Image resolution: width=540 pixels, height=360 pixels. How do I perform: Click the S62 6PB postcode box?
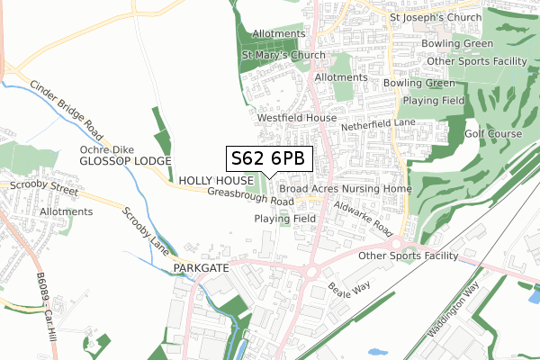tap(269, 159)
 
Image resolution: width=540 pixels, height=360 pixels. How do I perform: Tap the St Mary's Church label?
tap(283, 55)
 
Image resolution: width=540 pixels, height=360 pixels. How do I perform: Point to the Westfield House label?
tap(296, 118)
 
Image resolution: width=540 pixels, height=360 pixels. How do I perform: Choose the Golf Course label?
tap(493, 134)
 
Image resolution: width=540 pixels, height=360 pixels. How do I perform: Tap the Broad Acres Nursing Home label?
tap(345, 190)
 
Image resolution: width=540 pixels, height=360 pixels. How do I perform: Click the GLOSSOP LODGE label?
tap(124, 160)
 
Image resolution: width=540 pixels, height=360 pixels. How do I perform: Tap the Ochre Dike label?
tap(100, 148)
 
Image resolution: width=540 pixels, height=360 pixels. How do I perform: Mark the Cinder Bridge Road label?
tap(67, 114)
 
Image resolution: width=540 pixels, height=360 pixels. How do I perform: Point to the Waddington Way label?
tap(454, 310)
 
